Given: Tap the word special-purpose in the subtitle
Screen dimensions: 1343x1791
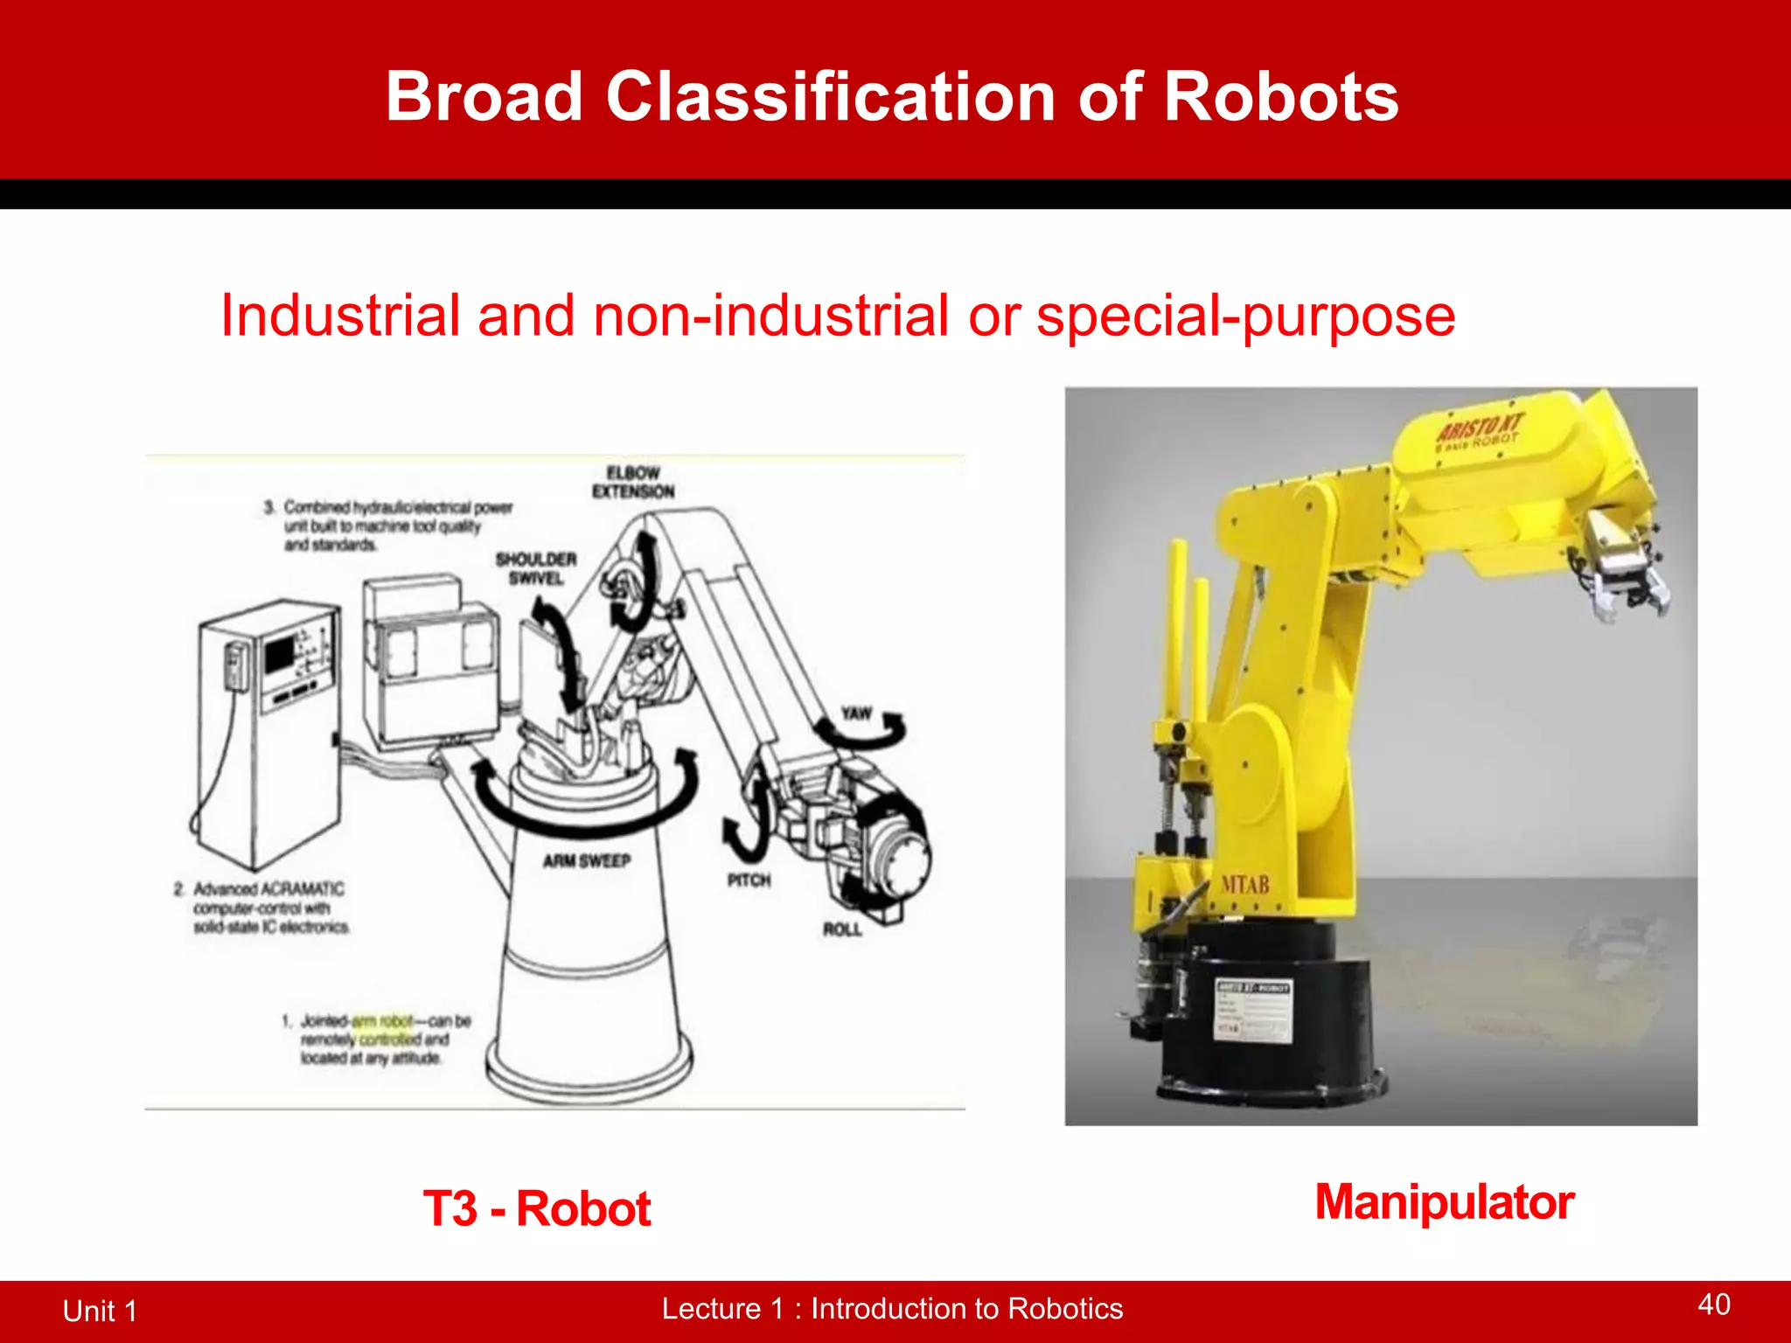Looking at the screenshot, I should tap(1245, 317).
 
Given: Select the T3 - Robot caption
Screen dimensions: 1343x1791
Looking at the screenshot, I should tap(537, 1209).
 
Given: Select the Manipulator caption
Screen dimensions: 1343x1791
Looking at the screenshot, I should tap(1445, 1202).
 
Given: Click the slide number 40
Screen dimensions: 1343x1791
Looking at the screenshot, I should tap(1713, 1305).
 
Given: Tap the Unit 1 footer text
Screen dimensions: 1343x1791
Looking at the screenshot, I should tap(100, 1311).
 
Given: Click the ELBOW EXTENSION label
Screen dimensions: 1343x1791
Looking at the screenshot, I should tap(633, 482).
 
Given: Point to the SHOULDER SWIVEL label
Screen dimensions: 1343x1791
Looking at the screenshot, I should tap(536, 568).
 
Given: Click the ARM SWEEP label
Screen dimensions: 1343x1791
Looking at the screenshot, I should tap(586, 861).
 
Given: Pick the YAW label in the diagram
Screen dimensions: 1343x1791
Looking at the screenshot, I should tap(856, 713).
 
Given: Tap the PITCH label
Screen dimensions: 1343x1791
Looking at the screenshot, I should tap(749, 880).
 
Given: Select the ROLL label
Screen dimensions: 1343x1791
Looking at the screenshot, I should tap(842, 929).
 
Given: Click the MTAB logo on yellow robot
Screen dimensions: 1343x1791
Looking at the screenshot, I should tap(1244, 885).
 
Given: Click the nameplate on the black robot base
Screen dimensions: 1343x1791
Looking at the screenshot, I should tap(1253, 1010).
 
